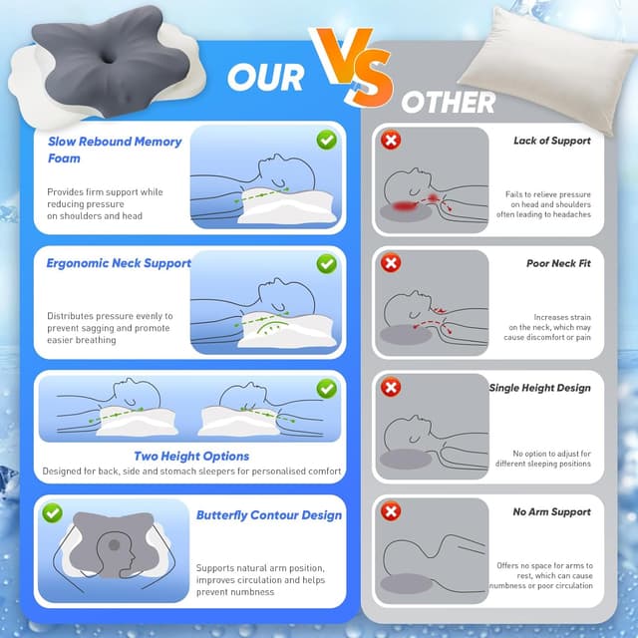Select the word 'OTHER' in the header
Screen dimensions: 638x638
pyautogui.click(x=449, y=101)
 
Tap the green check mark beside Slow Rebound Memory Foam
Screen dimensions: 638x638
pyautogui.click(x=326, y=141)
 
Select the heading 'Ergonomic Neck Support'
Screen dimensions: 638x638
pyautogui.click(x=119, y=263)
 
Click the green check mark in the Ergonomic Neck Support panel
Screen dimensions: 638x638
pyautogui.click(x=326, y=264)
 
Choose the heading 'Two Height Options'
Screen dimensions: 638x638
pyautogui.click(x=191, y=456)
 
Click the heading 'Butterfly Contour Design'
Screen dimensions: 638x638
pyautogui.click(x=268, y=515)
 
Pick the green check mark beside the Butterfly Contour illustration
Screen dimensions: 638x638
pyautogui.click(x=52, y=513)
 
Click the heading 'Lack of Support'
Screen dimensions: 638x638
pyautogui.click(x=551, y=141)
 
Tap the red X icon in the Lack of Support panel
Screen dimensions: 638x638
pyautogui.click(x=392, y=141)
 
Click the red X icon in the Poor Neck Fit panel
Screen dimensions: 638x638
pyautogui.click(x=392, y=264)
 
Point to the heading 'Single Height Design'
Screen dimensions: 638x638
pyautogui.click(x=539, y=388)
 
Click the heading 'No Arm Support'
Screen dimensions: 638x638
pyautogui.click(x=551, y=511)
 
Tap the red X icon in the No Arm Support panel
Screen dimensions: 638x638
pyautogui.click(x=392, y=511)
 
